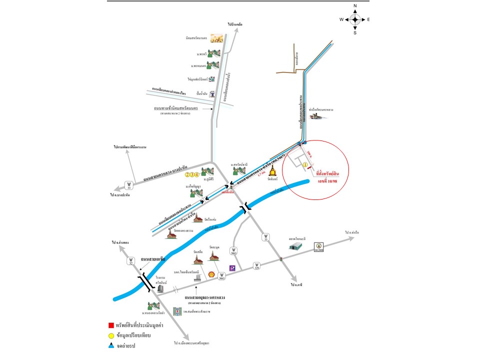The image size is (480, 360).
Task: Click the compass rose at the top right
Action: (355, 20)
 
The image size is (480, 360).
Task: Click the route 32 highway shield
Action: (131, 260)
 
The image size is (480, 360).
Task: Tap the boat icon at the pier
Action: (318, 116)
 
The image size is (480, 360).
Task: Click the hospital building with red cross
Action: (177, 311)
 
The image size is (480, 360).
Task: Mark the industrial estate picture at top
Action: (216, 38)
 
